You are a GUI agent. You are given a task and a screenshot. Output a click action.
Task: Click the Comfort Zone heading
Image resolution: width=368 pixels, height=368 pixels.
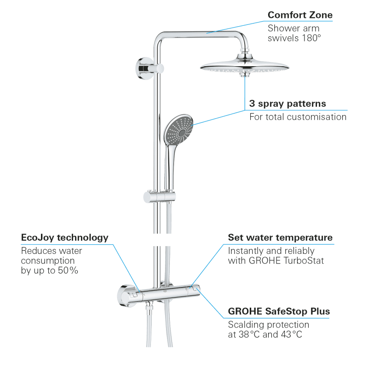pos(300,15)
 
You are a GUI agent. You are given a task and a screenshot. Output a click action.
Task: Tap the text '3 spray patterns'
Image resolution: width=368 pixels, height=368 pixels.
pos(287,103)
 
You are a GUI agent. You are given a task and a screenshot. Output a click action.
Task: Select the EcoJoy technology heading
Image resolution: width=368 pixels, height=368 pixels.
pos(65,237)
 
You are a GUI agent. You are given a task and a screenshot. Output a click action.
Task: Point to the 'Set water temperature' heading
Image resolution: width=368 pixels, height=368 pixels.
pos(280,237)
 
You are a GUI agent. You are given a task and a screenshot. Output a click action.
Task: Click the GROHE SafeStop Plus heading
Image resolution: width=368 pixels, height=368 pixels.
pos(279,311)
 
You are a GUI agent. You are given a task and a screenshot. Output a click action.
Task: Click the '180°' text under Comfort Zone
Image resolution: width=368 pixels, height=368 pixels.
pos(311,38)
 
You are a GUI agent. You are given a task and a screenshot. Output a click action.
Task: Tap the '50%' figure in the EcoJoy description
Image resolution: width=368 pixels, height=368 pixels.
pos(68,270)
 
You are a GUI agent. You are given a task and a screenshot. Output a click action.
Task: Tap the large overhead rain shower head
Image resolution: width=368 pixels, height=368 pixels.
pos(245,66)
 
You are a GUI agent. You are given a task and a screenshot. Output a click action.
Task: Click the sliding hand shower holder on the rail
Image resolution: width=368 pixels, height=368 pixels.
pos(159,197)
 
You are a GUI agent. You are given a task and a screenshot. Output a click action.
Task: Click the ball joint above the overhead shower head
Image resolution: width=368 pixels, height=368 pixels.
pos(245,56)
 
